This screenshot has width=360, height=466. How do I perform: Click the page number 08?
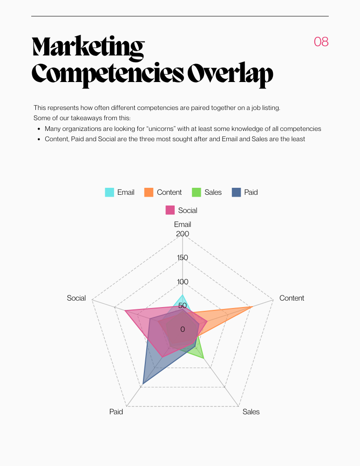pos(321,42)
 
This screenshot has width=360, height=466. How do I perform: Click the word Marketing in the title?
pos(88,48)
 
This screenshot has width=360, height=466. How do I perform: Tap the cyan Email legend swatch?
pos(109,192)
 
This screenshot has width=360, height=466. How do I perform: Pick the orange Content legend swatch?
pos(149,192)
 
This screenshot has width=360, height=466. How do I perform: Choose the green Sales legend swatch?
pos(197,192)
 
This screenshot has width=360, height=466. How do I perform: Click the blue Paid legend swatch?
pos(236,192)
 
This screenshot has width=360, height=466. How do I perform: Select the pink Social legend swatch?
pos(170,210)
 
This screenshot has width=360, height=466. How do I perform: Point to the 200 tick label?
pos(183,233)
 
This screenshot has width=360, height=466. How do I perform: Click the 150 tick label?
pos(183,258)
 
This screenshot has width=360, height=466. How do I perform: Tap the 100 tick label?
pos(183,281)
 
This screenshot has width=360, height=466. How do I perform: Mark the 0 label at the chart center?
pos(183,329)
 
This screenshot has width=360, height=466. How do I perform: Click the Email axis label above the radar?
pos(183,224)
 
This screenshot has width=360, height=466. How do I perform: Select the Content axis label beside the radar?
pos(292,298)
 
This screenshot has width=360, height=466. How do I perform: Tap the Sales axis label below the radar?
pos(251,411)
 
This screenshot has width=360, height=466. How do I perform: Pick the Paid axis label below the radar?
pos(116,411)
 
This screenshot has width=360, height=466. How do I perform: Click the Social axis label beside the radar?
pos(76,298)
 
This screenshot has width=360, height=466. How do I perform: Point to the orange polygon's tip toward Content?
pos(251,307)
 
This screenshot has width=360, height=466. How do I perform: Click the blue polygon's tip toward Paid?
pos(143,384)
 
